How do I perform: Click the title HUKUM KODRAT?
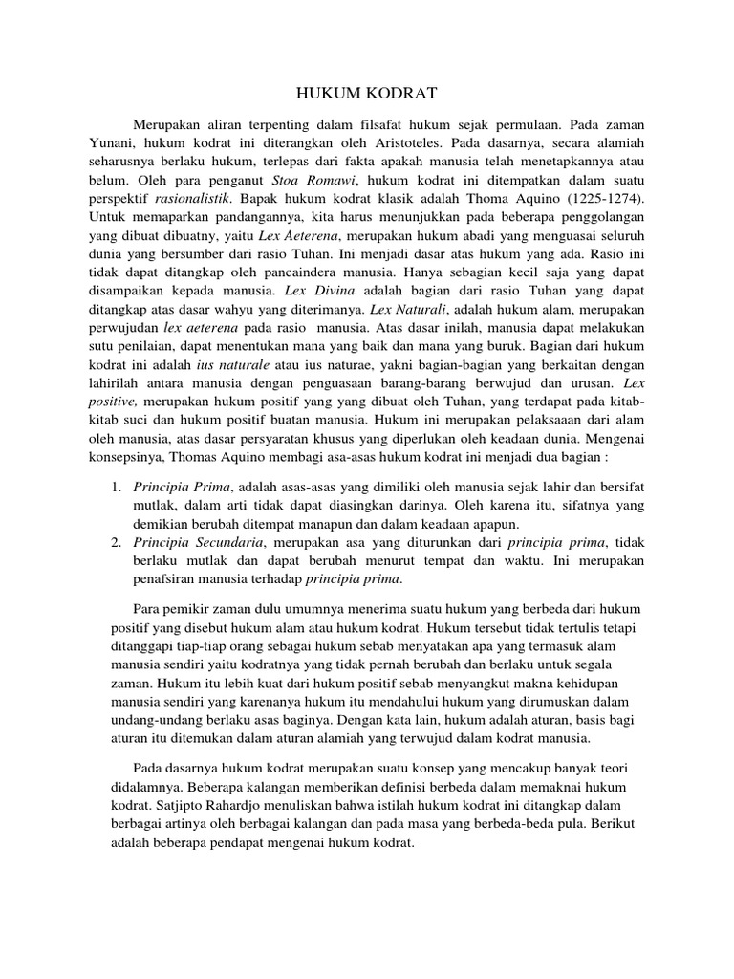[366, 93]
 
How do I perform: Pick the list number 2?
[114, 544]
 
